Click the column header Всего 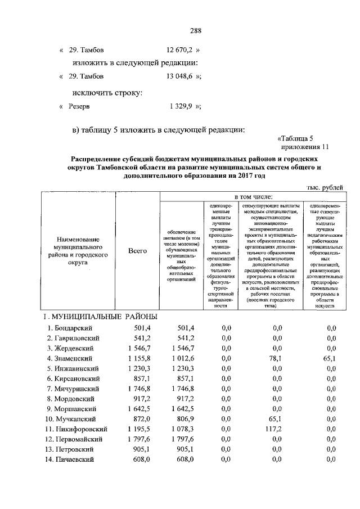[137, 251]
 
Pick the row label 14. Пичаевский [73, 460]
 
